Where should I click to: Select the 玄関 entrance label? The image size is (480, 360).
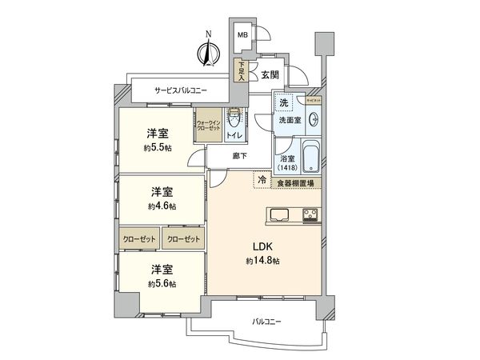tap(268, 74)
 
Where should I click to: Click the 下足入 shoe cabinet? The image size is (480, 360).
tap(240, 72)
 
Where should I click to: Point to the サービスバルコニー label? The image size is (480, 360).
tap(182, 90)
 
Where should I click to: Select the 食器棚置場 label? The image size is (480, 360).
tap(294, 182)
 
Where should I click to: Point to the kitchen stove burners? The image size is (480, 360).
tap(309, 213)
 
